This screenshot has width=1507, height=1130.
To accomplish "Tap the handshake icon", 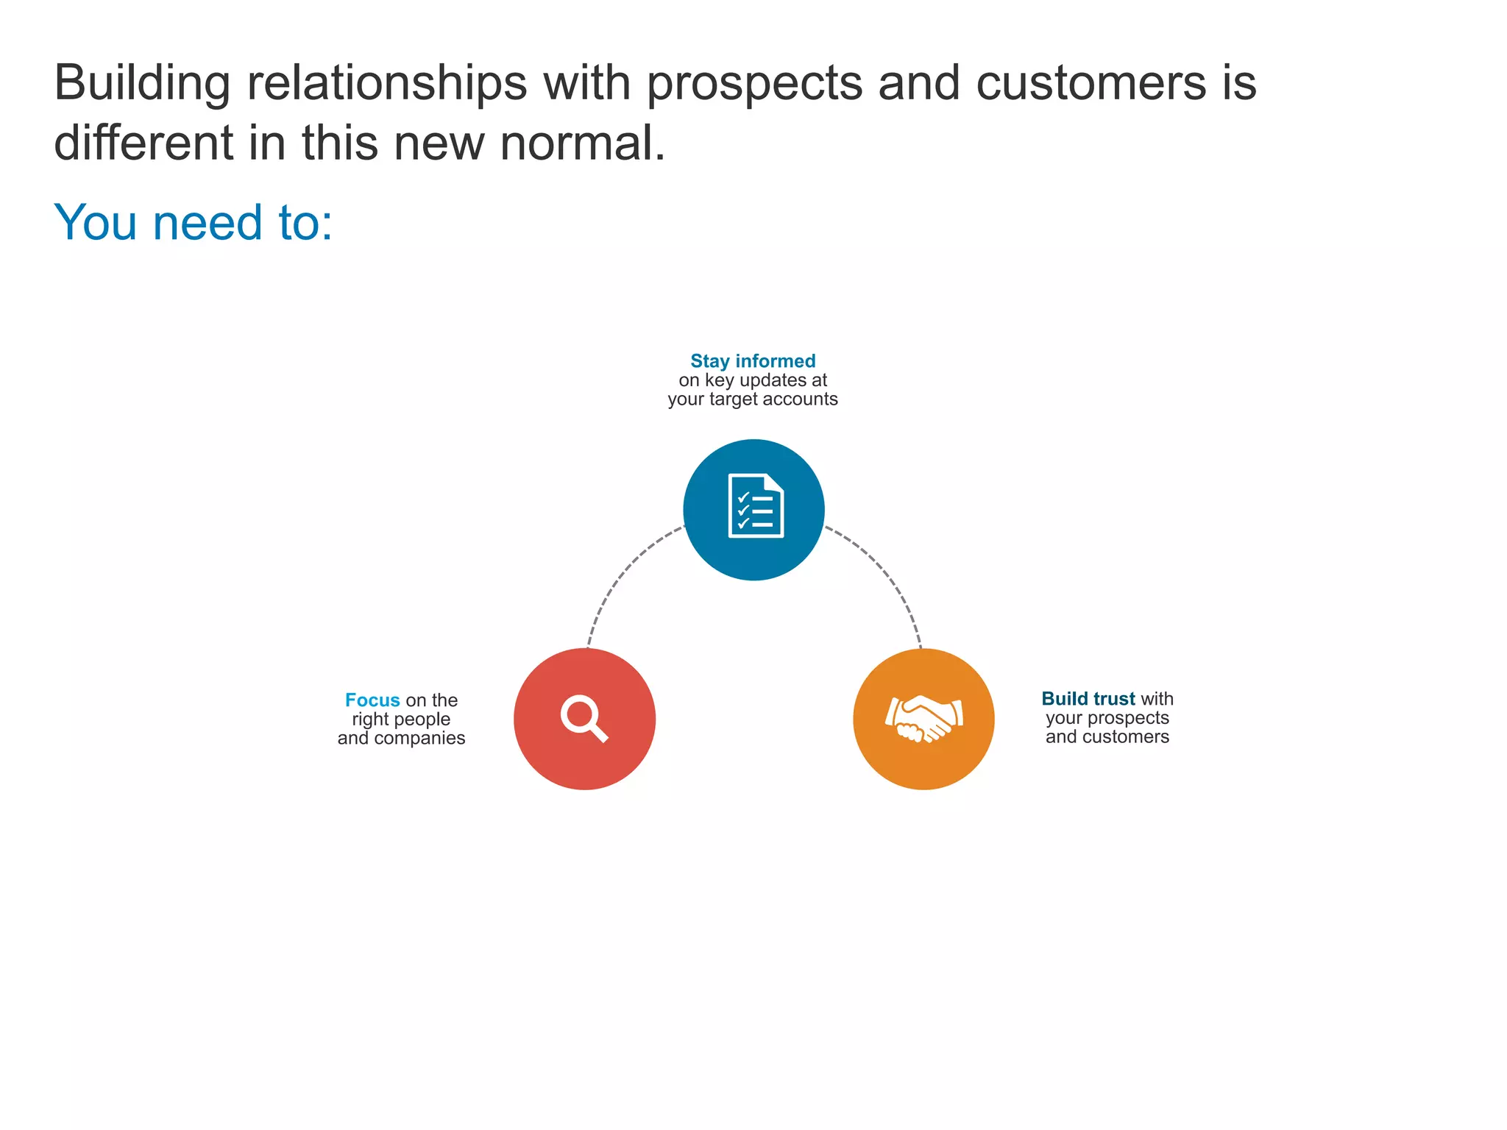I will (x=923, y=719).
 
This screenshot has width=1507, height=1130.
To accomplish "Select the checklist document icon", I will (x=755, y=506).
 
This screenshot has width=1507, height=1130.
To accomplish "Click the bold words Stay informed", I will (x=753, y=361).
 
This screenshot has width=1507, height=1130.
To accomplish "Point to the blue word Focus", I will (x=372, y=700).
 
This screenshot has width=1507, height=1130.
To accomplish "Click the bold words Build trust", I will (x=1088, y=699).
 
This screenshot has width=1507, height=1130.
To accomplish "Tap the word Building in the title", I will (x=142, y=83).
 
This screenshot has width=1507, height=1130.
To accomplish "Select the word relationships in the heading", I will (x=386, y=83).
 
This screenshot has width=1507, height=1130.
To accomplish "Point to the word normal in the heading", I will (x=582, y=143).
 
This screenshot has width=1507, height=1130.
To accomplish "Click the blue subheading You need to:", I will (x=194, y=222).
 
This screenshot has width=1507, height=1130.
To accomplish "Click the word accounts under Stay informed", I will (x=800, y=399).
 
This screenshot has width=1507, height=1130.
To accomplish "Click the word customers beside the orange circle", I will (x=1125, y=737).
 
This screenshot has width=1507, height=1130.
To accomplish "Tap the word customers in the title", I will (x=1091, y=83).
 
